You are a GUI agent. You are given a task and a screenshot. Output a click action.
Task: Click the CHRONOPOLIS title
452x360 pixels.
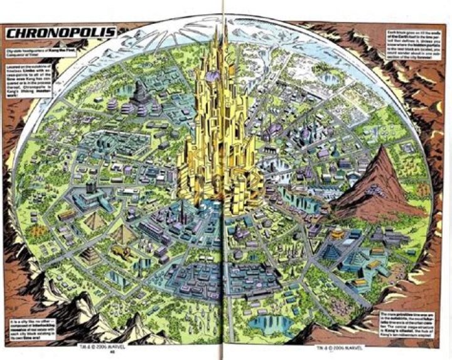62,31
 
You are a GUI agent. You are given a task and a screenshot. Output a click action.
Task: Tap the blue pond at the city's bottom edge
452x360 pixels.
270,323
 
